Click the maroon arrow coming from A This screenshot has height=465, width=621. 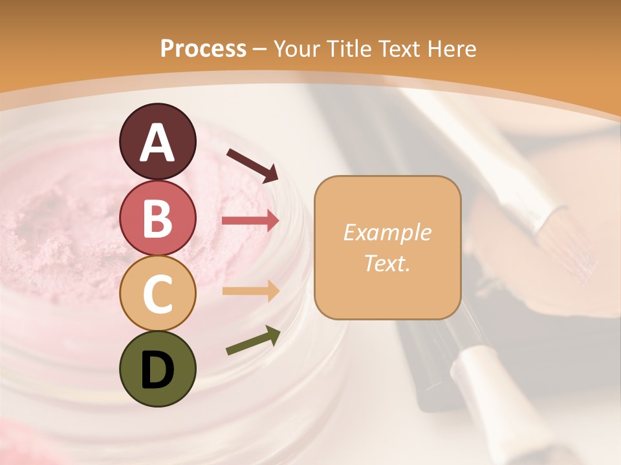[252, 164]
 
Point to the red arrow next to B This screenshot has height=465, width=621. [250, 221]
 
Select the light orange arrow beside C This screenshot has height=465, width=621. [250, 291]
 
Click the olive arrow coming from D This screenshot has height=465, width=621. [253, 341]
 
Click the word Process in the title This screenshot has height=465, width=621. [203, 48]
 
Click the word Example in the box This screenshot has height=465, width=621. [387, 232]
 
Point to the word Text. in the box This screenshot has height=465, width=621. [387, 263]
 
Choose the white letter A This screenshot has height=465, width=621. [157, 143]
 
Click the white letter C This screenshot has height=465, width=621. [157, 294]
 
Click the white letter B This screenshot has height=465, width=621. [157, 218]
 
